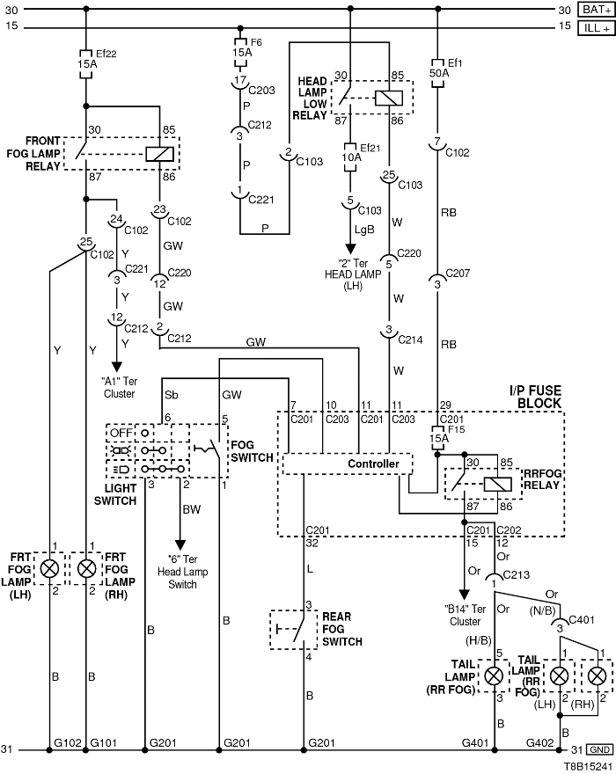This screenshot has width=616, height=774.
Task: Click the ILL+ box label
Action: pos(596,27)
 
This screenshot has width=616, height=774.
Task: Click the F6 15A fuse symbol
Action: pos(241,49)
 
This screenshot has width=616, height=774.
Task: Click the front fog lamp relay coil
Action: pos(158,153)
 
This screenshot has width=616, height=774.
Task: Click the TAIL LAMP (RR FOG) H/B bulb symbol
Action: pos(495,675)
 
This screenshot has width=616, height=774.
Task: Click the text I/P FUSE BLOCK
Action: pos(534,397)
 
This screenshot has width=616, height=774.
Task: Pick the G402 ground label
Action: pos(539,743)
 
